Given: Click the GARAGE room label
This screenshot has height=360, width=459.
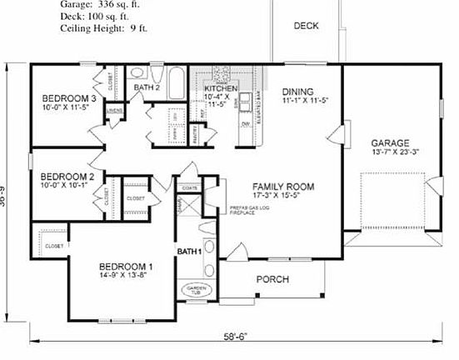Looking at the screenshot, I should [389, 142].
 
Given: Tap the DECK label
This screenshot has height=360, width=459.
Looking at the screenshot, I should [306, 26].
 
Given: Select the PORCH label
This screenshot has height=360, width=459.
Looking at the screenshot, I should [272, 279].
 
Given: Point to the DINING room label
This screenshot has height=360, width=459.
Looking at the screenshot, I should [297, 92].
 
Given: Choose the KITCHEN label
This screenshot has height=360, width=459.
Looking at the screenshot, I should [221, 87].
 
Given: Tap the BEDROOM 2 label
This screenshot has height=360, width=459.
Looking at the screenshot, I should [67, 177].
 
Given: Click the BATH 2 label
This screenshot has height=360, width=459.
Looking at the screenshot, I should [147, 87].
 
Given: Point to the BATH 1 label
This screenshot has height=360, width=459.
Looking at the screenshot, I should [189, 251].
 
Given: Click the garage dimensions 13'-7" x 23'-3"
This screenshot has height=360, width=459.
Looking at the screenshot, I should [395, 153].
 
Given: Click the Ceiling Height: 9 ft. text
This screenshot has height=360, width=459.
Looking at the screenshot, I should [103, 27].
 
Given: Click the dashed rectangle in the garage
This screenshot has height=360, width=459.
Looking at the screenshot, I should [391, 199].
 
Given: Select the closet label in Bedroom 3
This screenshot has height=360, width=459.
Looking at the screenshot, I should [111, 82].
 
